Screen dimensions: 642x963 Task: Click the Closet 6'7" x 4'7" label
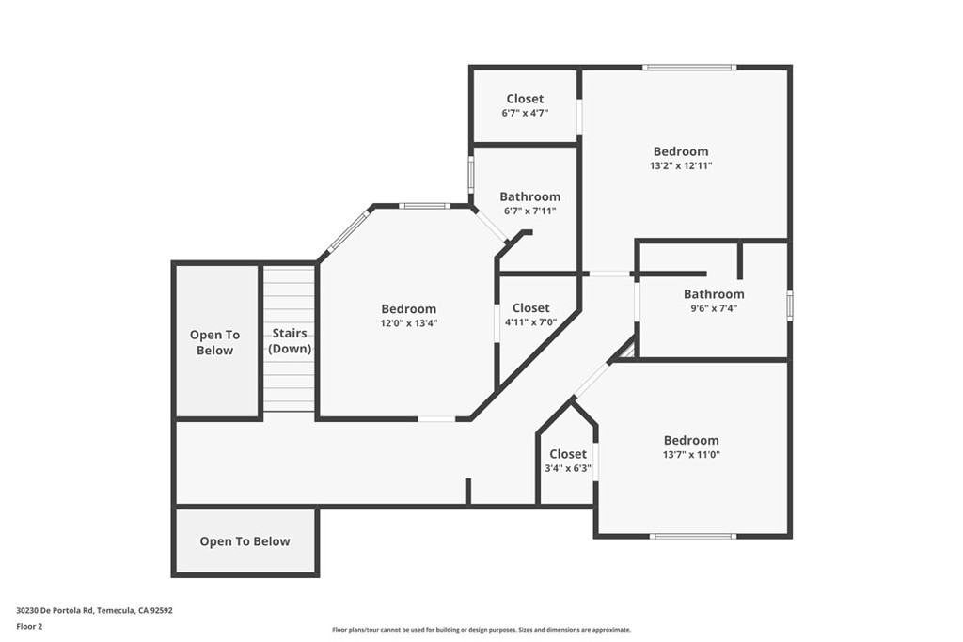(525, 99)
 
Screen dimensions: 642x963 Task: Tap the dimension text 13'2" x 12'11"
(681, 165)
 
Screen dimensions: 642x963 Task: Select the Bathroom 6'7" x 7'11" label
(529, 196)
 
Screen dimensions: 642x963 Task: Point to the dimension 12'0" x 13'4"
(408, 322)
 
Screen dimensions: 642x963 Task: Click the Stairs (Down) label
(290, 341)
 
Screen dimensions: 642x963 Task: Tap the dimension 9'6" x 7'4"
(714, 308)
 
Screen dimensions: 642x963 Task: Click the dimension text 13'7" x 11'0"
(691, 454)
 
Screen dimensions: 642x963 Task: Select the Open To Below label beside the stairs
(215, 342)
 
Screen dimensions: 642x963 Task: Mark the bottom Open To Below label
(245, 541)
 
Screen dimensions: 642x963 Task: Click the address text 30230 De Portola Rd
(94, 610)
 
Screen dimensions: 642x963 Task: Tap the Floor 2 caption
(29, 625)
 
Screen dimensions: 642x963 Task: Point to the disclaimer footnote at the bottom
(481, 630)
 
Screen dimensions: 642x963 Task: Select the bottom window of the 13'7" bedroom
(693, 537)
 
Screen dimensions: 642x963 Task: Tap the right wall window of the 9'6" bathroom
(790, 305)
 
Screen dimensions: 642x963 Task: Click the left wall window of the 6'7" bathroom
(471, 175)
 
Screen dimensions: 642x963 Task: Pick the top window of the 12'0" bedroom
(423, 205)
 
